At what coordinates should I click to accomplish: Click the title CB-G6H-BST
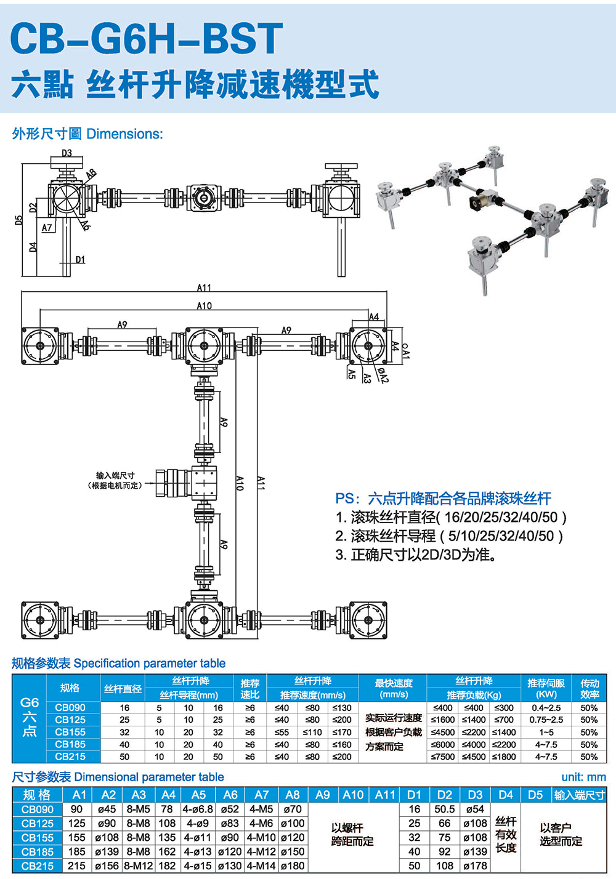(147, 38)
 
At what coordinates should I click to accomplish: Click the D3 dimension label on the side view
(67, 153)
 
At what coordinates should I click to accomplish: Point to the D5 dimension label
(19, 220)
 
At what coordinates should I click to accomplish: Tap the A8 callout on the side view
(91, 174)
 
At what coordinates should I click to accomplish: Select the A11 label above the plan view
(204, 287)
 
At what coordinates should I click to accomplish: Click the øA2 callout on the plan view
(383, 375)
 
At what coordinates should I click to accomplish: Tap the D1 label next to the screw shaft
(80, 260)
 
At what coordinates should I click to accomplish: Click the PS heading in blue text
(443, 499)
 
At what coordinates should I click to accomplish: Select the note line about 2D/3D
(416, 555)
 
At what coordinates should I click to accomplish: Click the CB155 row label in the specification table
(70, 732)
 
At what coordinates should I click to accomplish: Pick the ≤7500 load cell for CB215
(443, 757)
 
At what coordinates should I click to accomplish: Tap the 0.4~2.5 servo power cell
(546, 708)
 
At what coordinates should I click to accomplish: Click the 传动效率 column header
(590, 688)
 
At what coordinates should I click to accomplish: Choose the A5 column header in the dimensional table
(198, 795)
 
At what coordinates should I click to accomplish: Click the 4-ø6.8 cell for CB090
(198, 809)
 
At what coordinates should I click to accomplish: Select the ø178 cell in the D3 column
(475, 865)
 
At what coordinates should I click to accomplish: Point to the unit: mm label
(583, 777)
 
